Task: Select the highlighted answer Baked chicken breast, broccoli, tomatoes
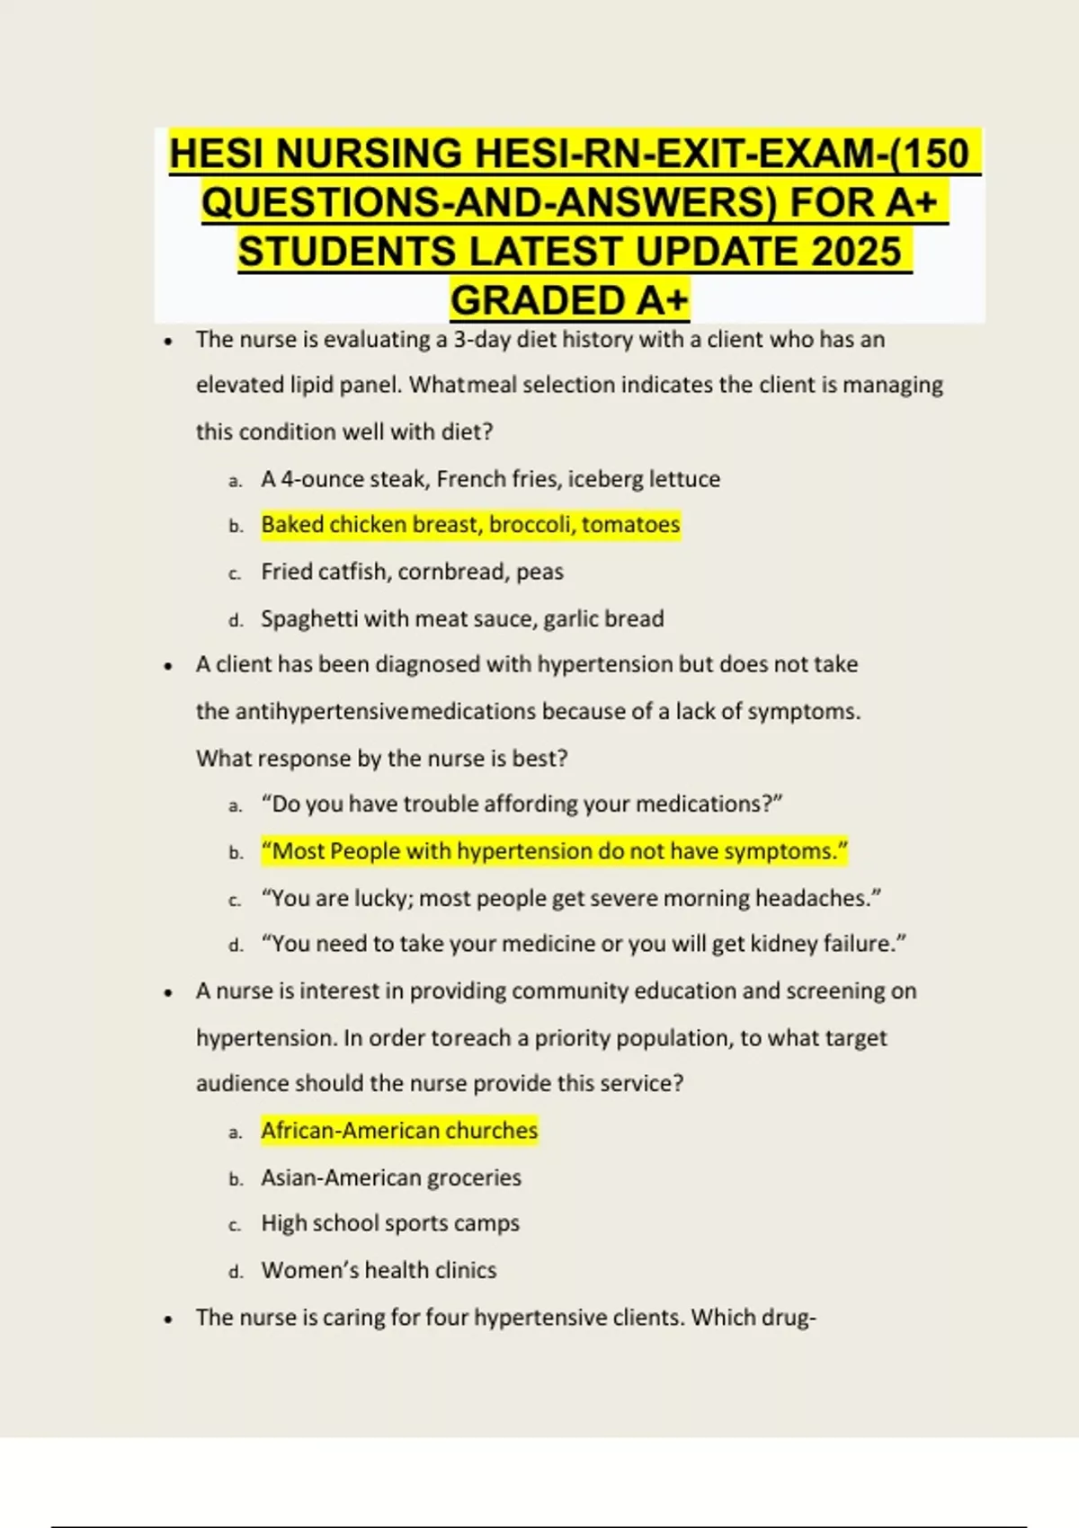click(x=470, y=524)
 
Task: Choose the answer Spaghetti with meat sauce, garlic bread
click(x=462, y=618)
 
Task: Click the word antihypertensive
click(x=322, y=711)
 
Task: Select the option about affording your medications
click(x=522, y=804)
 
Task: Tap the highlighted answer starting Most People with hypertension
click(x=554, y=850)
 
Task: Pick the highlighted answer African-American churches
click(x=399, y=1130)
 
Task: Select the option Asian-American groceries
click(x=391, y=1177)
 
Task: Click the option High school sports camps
click(x=390, y=1223)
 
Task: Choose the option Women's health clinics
click(x=379, y=1270)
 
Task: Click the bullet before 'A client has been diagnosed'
click(x=168, y=666)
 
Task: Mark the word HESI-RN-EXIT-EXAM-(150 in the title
click(x=722, y=154)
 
